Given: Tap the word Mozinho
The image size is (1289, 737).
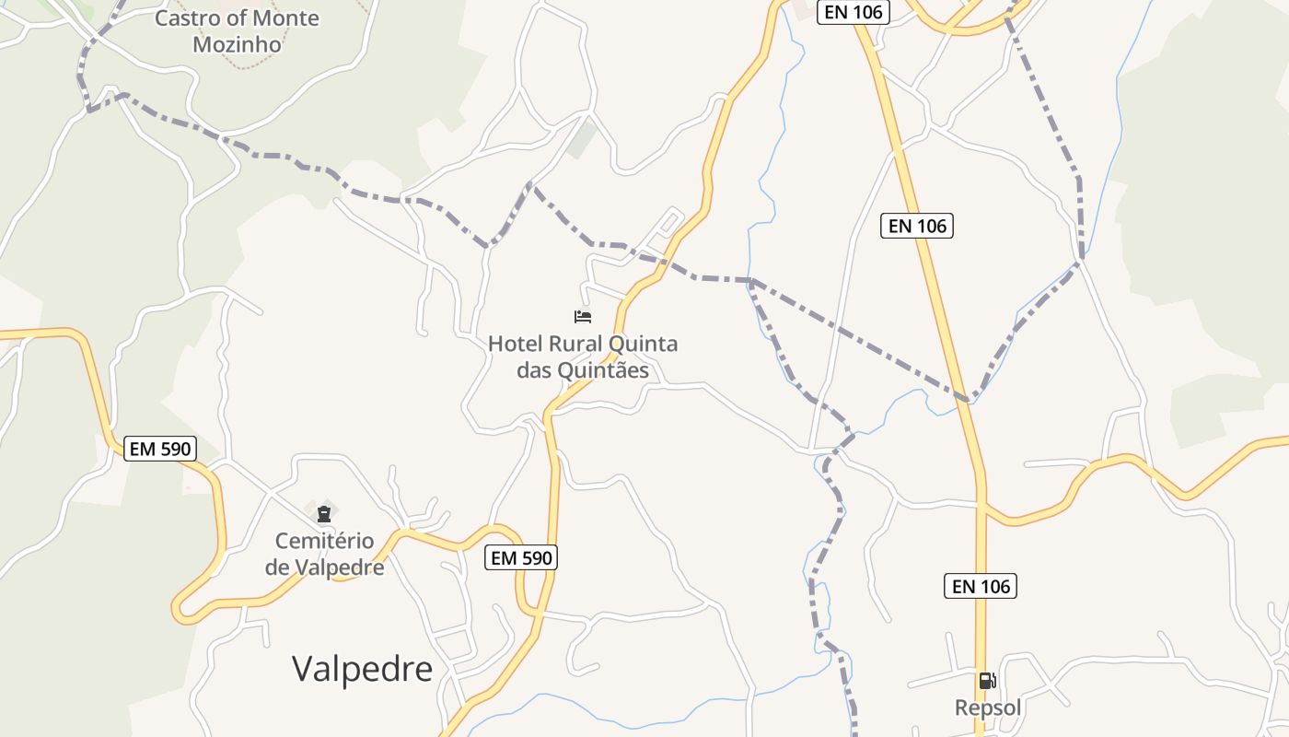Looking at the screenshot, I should pyautogui.click(x=237, y=44).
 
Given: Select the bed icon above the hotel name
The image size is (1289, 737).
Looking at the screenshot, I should pyautogui.click(x=583, y=317).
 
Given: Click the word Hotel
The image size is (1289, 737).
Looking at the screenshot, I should pyautogui.click(x=515, y=345).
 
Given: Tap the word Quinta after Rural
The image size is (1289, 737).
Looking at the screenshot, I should pyautogui.click(x=643, y=345).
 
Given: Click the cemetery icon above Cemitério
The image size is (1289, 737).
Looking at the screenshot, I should pyautogui.click(x=323, y=513).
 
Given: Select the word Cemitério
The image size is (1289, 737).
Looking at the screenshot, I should pyautogui.click(x=324, y=541).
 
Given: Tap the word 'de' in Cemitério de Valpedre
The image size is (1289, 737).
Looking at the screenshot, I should pyautogui.click(x=277, y=567).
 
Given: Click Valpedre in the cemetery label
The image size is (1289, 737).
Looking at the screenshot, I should pyautogui.click(x=340, y=567).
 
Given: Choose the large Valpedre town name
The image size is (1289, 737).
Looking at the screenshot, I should pyautogui.click(x=363, y=669).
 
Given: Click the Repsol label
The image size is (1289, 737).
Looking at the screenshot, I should pyautogui.click(x=988, y=708).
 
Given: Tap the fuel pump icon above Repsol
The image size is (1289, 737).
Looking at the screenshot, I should pyautogui.click(x=987, y=681).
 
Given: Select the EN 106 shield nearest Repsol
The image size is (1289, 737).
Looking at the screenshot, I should pyautogui.click(x=981, y=586).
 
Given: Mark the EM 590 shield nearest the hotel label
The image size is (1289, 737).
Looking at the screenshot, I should pyautogui.click(x=521, y=557).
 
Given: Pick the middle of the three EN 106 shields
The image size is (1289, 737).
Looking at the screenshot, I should pyautogui.click(x=917, y=226).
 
